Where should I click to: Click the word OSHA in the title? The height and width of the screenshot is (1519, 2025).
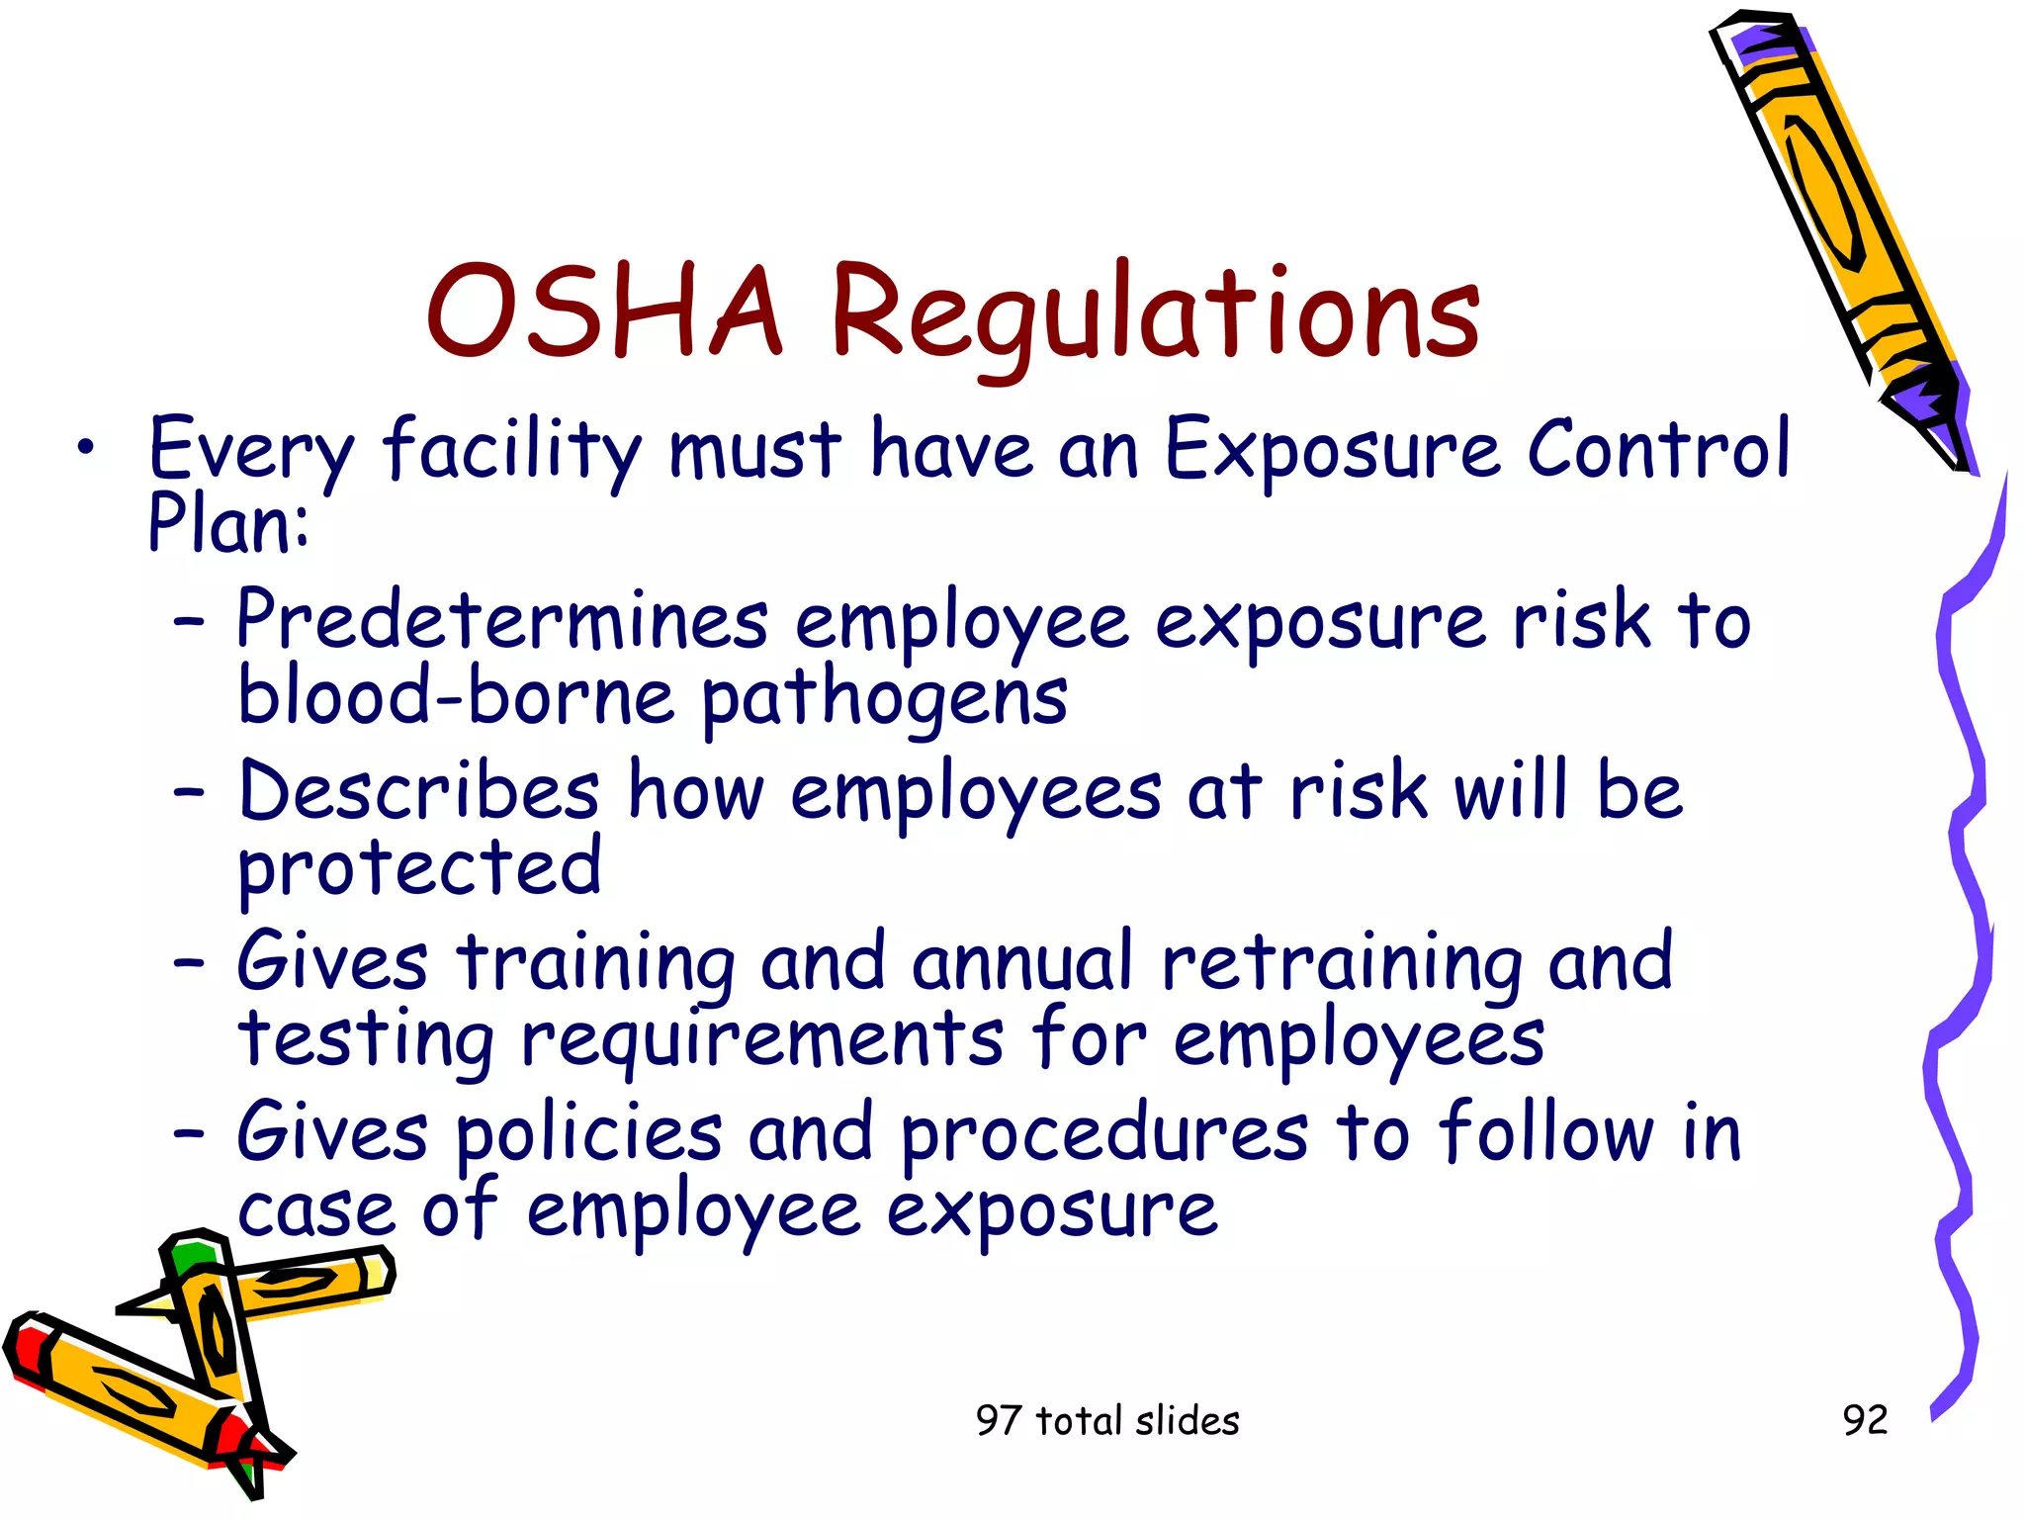click(604, 312)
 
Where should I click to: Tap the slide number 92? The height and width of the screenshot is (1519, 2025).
click(1865, 1420)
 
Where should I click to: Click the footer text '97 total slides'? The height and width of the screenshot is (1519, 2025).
click(1107, 1421)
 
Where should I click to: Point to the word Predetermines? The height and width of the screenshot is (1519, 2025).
click(502, 621)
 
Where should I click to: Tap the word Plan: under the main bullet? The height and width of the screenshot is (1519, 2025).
click(228, 524)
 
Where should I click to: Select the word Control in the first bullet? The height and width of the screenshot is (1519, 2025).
click(1658, 450)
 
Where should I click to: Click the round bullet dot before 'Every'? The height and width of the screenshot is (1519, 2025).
click(87, 449)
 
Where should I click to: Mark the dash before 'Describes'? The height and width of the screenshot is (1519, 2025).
click(188, 792)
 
